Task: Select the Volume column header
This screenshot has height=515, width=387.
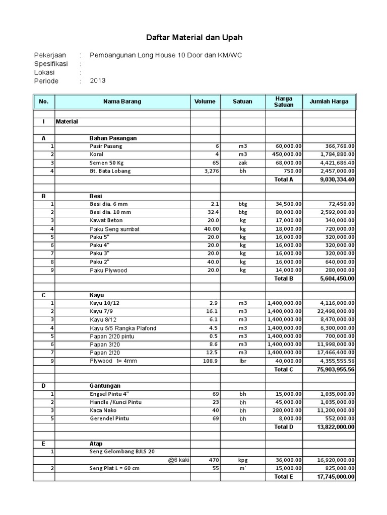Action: [205, 102]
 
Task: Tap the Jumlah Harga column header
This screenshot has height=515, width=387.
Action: [329, 102]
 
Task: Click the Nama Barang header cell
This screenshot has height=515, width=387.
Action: [122, 102]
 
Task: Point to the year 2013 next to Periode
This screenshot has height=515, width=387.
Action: [98, 80]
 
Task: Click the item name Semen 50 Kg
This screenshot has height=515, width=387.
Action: [107, 162]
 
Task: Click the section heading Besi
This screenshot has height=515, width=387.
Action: [96, 196]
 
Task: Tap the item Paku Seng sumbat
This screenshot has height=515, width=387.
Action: [114, 229]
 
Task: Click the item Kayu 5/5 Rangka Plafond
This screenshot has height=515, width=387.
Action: [123, 328]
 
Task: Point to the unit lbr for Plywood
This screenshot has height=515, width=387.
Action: [242, 361]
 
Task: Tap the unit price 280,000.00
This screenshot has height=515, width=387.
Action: [285, 410]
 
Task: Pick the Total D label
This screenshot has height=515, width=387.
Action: [284, 427]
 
